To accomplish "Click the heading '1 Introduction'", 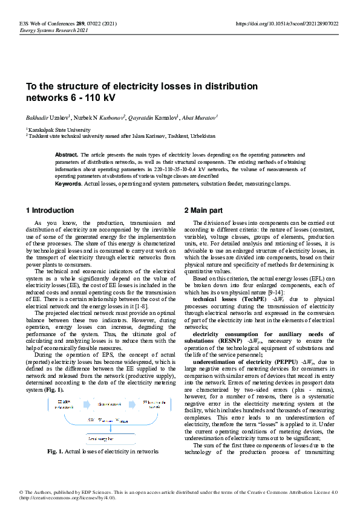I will click(50, 210).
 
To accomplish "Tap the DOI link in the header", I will click(287, 24).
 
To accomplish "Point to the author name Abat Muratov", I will click(200, 117).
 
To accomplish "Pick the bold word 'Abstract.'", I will click(67, 155).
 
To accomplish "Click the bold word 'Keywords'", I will click(68, 183).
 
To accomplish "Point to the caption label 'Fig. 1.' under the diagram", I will click(57, 452).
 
